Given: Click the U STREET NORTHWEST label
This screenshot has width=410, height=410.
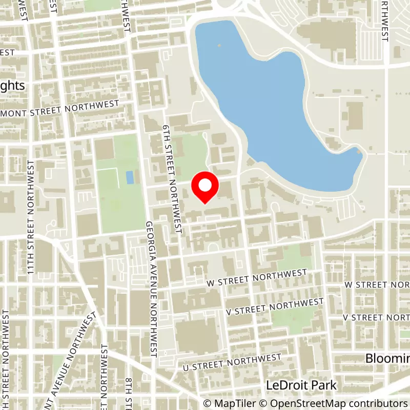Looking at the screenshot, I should (233, 362).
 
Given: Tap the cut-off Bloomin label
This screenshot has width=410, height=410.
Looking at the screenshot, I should (387, 358).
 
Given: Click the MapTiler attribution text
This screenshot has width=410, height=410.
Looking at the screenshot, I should (230, 403).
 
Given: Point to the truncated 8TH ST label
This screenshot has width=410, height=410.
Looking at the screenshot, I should (129, 394).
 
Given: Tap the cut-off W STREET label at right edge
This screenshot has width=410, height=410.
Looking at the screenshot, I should (377, 284).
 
